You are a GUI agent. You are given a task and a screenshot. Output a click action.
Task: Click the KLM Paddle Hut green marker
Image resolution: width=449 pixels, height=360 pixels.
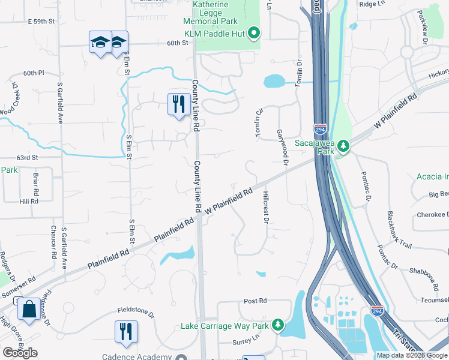[x=254, y=34]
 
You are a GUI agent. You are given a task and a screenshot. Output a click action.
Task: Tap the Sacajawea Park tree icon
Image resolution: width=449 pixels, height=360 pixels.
[x=343, y=146]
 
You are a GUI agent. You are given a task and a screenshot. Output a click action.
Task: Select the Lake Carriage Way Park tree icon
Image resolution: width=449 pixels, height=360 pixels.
[x=277, y=325]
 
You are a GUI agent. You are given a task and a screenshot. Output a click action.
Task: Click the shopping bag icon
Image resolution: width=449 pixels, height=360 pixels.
[x=29, y=310]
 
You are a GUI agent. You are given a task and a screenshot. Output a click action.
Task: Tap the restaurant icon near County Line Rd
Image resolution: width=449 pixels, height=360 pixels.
[x=178, y=104]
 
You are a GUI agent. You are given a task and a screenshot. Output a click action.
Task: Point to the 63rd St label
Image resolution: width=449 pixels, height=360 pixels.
[x=27, y=158]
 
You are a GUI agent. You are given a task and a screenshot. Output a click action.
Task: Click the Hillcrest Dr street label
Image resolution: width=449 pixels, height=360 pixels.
[x=265, y=207]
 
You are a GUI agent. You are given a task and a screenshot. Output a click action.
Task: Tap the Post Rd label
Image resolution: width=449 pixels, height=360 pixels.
[x=255, y=301]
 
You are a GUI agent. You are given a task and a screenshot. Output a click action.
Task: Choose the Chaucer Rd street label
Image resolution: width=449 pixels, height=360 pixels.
[x=53, y=241]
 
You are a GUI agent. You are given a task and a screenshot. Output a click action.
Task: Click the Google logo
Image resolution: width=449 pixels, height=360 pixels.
[x=20, y=353]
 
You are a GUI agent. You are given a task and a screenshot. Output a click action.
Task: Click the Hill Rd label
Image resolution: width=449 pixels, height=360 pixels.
[x=28, y=202]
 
